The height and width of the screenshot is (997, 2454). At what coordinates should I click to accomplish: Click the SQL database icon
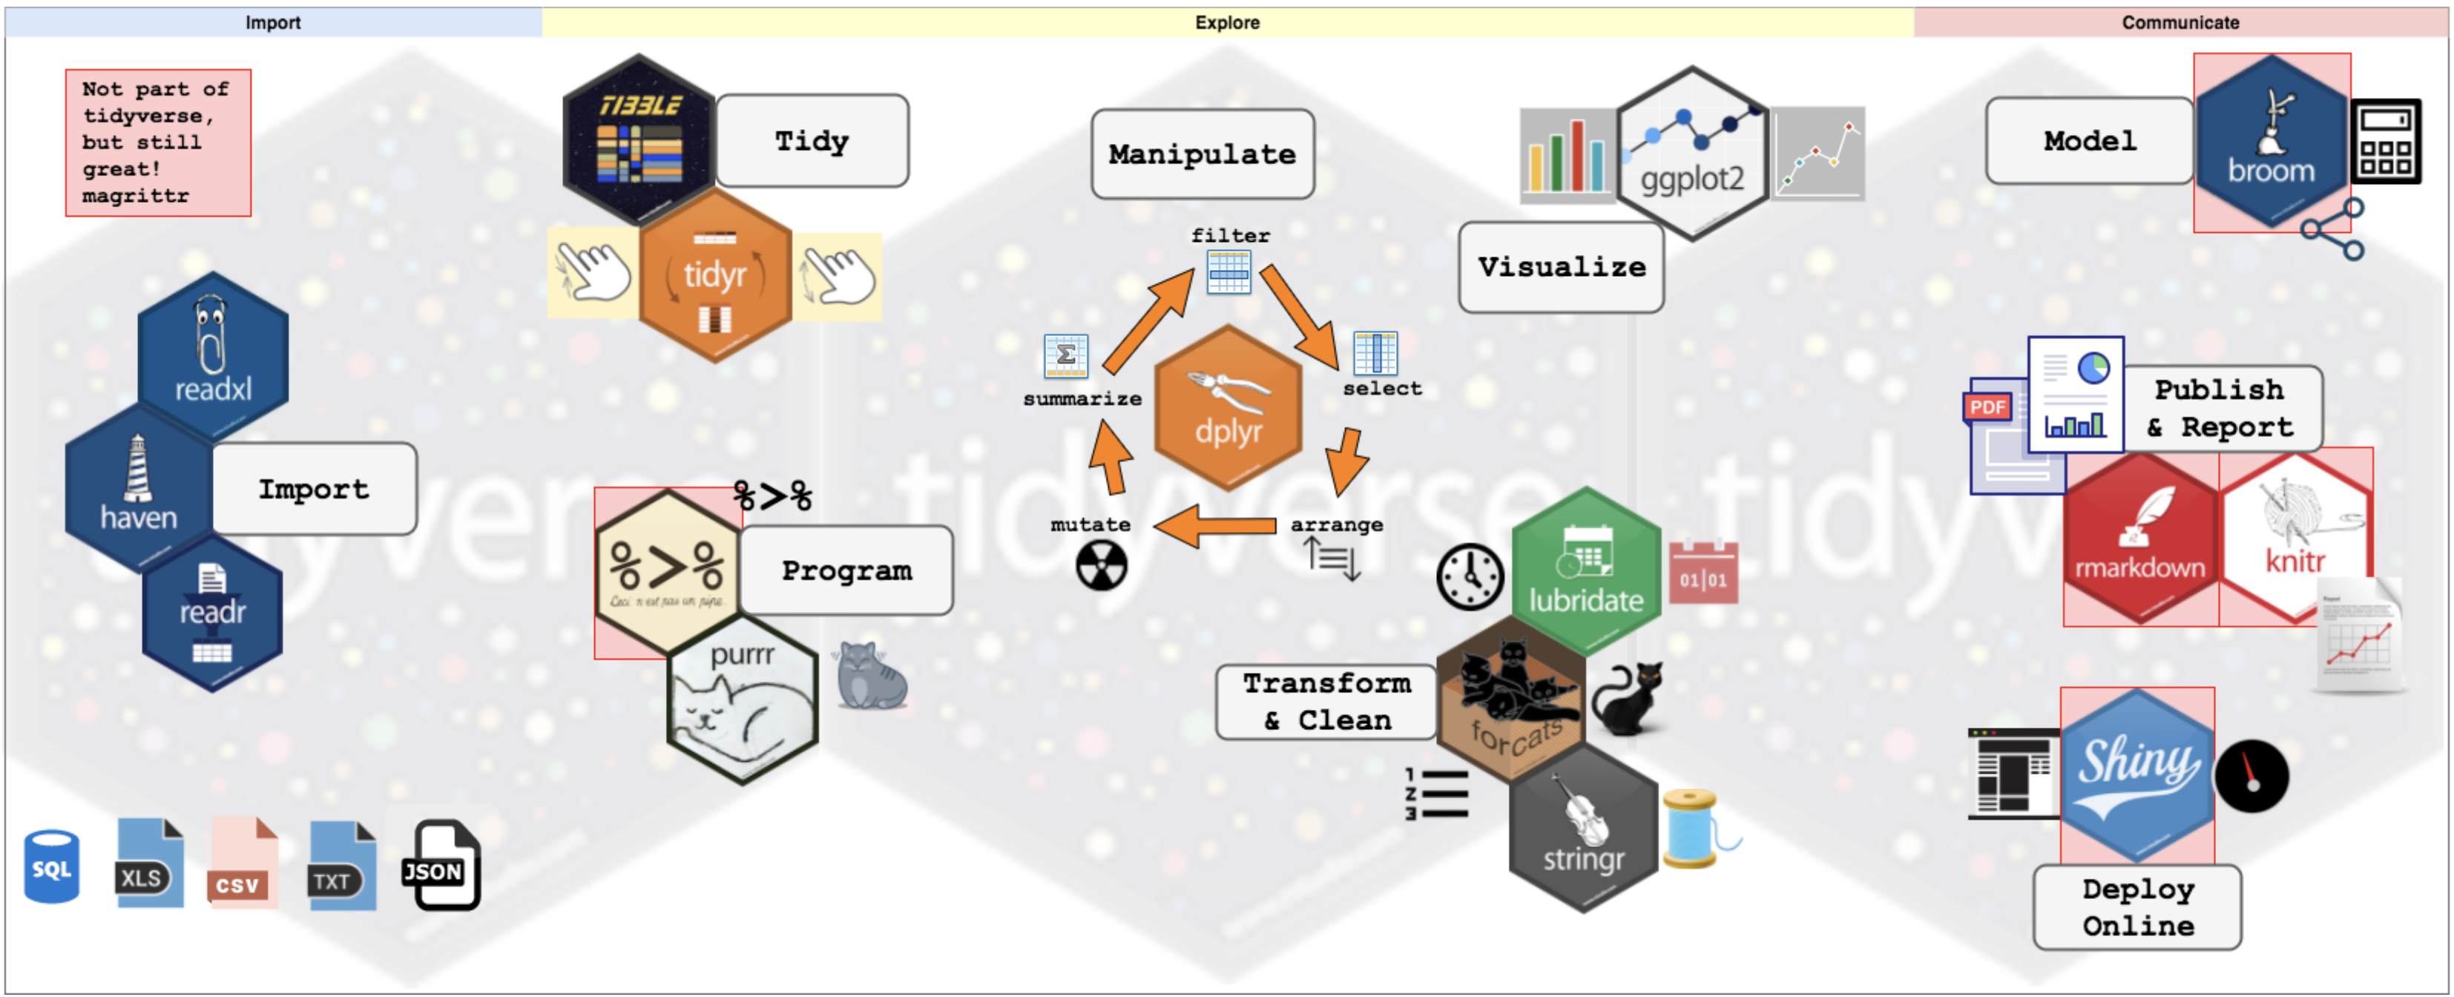[51, 866]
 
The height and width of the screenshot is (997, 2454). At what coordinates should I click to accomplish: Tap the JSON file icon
[439, 865]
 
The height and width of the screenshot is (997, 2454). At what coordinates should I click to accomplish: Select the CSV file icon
[242, 865]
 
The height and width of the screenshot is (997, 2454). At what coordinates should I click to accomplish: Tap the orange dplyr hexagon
[1228, 407]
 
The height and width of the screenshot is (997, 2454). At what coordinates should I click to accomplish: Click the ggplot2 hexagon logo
[1692, 152]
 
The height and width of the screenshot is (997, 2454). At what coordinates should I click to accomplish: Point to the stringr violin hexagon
[1583, 829]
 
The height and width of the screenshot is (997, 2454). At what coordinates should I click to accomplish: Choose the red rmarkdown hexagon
[2139, 538]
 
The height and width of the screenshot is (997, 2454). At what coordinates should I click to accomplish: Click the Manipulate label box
[1203, 154]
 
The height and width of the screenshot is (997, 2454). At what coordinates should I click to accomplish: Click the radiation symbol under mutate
[1101, 567]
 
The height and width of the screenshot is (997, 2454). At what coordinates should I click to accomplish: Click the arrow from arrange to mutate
[1214, 526]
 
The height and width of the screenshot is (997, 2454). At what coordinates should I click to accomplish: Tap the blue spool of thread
[1691, 829]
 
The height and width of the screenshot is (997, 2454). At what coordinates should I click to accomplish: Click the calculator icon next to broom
[2386, 141]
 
